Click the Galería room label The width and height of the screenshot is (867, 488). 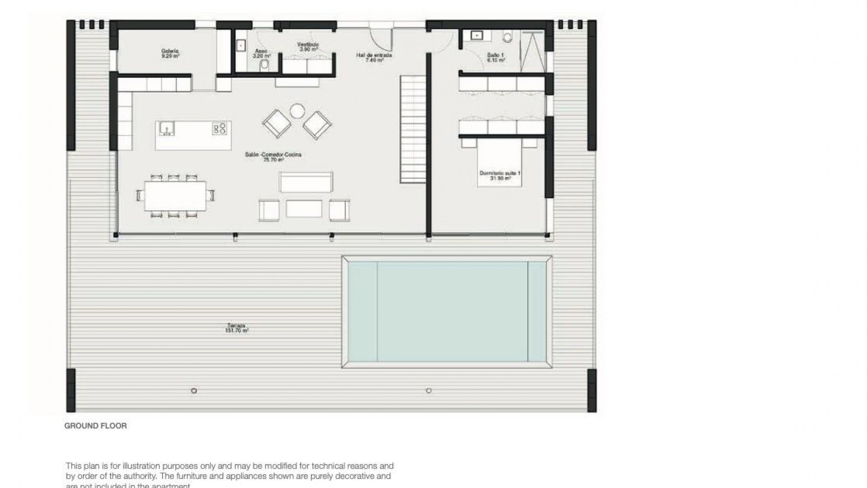pyautogui.click(x=170, y=53)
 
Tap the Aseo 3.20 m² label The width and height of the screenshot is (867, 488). pyautogui.click(x=262, y=53)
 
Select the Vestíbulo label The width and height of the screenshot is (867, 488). pyautogui.click(x=308, y=47)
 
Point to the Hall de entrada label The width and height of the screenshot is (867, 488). pyautogui.click(x=374, y=57)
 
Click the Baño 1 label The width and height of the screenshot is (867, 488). pyautogui.click(x=495, y=57)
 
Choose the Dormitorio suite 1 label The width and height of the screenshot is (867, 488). pyautogui.click(x=500, y=175)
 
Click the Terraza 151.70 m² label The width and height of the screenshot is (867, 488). pyautogui.click(x=237, y=328)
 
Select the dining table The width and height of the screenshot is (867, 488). pyautogui.click(x=175, y=196)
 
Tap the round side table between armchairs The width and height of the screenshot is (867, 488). pyautogui.click(x=297, y=111)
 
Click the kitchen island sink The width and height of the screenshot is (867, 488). pyautogui.click(x=166, y=128)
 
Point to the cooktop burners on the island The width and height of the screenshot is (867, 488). pyautogui.click(x=220, y=128)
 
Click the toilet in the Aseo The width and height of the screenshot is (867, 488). pyautogui.click(x=265, y=66)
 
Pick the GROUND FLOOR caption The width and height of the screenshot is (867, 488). pyautogui.click(x=96, y=426)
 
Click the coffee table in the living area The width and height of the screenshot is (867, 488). pyautogui.click(x=304, y=209)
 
